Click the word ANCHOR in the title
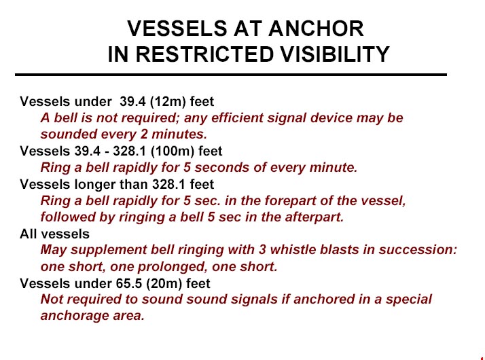click(x=316, y=29)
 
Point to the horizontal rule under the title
click(x=231, y=75)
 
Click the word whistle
click(x=293, y=249)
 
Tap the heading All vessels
click(x=55, y=234)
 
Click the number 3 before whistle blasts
click(x=263, y=249)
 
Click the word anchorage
click(x=74, y=316)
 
